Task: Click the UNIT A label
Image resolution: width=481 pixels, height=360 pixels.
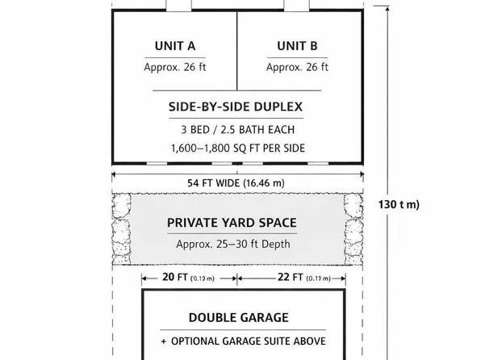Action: click(174, 45)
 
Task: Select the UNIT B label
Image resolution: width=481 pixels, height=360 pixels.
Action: click(296, 45)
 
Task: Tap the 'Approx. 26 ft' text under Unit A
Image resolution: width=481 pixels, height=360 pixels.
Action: click(174, 67)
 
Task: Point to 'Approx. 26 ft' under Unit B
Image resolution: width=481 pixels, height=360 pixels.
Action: click(296, 67)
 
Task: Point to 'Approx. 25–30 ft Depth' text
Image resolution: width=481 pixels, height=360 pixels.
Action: click(234, 244)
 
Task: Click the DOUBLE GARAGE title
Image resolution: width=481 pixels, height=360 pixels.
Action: click(238, 317)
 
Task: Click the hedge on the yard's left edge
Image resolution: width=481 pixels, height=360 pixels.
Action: click(121, 229)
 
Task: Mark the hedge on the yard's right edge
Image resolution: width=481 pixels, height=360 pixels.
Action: click(352, 229)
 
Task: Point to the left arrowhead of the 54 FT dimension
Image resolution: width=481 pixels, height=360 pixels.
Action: click(115, 174)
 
